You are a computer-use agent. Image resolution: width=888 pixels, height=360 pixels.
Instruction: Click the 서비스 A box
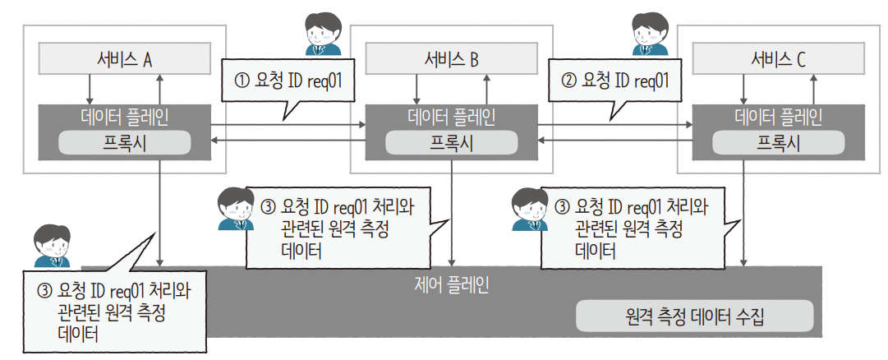tap(124, 58)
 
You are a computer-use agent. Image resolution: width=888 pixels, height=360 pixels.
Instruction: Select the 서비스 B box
tap(451, 58)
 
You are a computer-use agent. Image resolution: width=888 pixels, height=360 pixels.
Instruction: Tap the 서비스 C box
tap(778, 58)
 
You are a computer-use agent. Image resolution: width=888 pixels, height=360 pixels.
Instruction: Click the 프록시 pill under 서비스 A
tap(124, 143)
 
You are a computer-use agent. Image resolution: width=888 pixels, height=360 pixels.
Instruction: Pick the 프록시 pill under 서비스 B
tap(451, 143)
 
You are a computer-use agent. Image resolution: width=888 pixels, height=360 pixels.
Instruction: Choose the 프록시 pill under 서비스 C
tap(778, 143)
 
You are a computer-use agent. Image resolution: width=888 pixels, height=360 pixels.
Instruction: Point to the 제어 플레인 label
tap(451, 285)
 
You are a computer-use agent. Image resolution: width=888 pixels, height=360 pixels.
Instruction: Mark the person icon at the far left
tap(50, 243)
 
